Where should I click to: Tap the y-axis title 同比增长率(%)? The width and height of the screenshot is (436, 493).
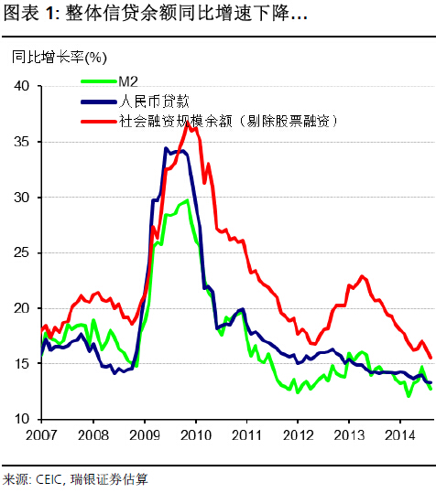57,57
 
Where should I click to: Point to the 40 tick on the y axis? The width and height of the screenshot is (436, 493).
22,86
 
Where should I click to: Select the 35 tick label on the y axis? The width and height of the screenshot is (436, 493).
22,142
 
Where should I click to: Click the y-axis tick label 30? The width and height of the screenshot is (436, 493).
22,198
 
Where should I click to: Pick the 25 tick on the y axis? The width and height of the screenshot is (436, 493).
22,252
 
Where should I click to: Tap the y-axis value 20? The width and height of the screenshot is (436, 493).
22,308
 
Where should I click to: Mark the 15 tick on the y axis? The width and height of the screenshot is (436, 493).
22,364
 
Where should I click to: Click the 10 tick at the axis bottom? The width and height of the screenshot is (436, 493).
22,419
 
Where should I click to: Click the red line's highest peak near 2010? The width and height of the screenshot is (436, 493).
188,123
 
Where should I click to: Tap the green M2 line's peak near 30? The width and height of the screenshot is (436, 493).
187,199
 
